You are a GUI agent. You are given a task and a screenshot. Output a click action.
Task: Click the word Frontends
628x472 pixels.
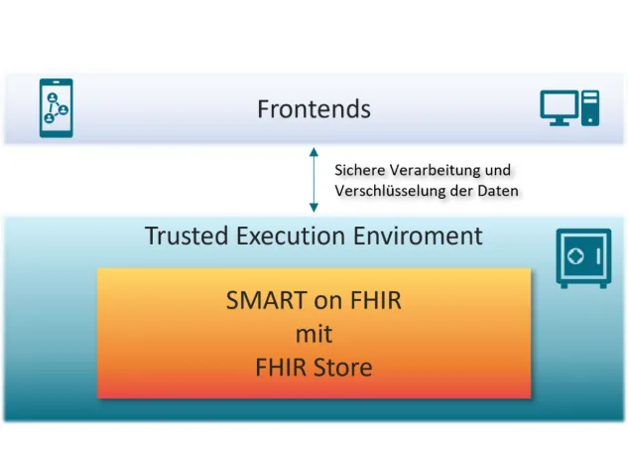(x=314, y=107)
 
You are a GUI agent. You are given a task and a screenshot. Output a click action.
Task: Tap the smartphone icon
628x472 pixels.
(x=56, y=107)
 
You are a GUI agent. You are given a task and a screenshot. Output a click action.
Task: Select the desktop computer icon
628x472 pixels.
(x=568, y=107)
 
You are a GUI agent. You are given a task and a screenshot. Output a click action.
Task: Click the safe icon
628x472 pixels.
(x=583, y=257)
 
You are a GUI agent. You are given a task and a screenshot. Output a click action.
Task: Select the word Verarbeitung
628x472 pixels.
(x=433, y=170)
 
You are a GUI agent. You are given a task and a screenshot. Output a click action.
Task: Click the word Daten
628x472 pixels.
(x=497, y=190)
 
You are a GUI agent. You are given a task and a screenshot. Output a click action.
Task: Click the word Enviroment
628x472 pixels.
(x=420, y=236)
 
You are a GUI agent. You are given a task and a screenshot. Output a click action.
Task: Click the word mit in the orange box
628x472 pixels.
(x=313, y=333)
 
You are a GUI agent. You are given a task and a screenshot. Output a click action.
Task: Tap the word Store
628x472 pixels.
(x=342, y=367)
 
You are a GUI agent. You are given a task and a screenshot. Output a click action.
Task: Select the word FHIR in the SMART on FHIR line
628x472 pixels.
(x=372, y=299)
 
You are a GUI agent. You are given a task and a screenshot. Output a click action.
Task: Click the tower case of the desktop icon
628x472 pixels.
(x=591, y=107)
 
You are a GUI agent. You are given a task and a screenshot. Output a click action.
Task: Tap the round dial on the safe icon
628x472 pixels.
(x=576, y=255)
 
